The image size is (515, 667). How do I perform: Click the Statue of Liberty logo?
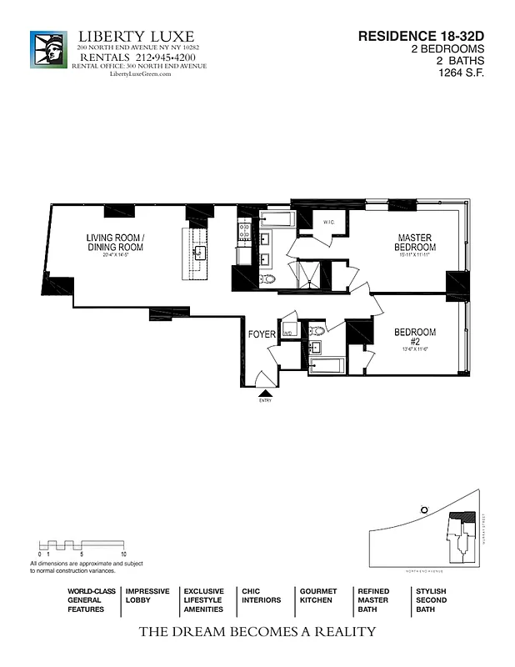(48, 49)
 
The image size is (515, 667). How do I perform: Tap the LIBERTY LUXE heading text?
(136, 36)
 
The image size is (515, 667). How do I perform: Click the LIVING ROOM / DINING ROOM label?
(115, 243)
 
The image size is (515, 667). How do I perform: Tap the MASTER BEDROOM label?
(415, 243)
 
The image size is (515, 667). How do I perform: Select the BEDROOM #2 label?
(414, 337)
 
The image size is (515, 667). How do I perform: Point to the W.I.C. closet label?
(328, 223)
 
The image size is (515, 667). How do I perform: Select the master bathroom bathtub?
(274, 219)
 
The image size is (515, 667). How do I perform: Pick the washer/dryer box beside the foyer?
(288, 329)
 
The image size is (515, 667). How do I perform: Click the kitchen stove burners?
(245, 230)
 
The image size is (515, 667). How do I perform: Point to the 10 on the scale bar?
(123, 554)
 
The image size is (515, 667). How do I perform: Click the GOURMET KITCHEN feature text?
(317, 595)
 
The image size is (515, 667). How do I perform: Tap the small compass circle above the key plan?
(424, 509)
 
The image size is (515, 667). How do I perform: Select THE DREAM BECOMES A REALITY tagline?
(257, 631)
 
